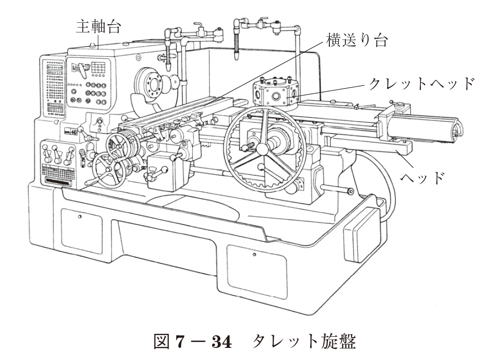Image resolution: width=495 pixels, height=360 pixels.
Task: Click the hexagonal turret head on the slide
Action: [x=274, y=94]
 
